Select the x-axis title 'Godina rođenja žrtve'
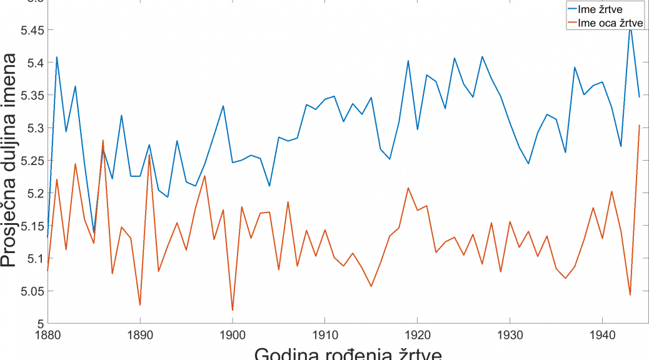[x=348, y=353]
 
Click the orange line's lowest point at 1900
[x=232, y=310]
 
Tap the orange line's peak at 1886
[x=103, y=141]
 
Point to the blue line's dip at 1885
[x=94, y=232]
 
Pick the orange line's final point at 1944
[x=639, y=126]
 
